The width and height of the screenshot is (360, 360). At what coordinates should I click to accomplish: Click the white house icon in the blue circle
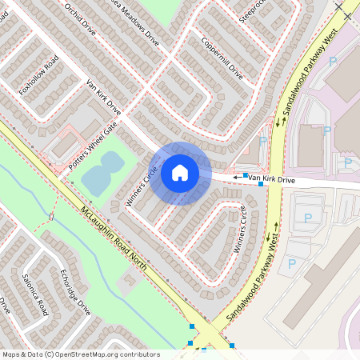pos(180,173)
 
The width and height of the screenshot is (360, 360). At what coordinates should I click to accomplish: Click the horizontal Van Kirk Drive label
pos(272,180)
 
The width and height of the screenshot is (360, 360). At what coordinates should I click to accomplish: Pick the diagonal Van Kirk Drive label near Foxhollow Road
pos(102,97)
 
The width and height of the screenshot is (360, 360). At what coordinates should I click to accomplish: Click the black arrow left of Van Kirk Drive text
pos(238,177)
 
